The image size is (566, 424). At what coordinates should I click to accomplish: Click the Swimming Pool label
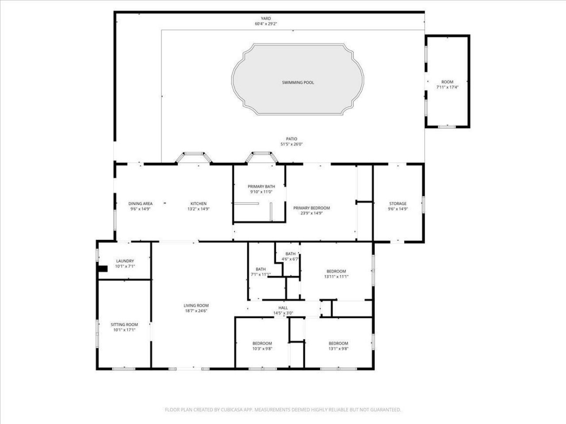pos(298,83)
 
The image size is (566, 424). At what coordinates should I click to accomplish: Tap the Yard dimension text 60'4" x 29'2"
pos(266,24)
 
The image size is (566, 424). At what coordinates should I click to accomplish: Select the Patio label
pos(291,139)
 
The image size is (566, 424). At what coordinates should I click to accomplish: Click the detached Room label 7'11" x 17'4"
pos(447,82)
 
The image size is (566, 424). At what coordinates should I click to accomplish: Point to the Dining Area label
pos(141,204)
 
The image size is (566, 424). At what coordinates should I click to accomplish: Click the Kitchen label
pos(198,204)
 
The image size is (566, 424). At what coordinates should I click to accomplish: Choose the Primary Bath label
pos(261,186)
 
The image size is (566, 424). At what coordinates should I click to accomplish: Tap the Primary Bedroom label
pos(311,208)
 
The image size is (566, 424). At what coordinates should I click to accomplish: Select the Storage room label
pos(398,204)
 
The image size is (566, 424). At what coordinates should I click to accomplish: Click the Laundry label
pos(125,261)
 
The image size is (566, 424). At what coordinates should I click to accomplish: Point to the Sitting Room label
pos(124,325)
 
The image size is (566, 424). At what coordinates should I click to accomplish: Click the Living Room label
pos(196,305)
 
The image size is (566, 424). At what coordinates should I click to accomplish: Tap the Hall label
pos(283,308)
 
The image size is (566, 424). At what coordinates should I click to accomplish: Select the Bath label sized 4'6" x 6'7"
pos(290,254)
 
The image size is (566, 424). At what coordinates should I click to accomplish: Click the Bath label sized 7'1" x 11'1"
pos(260,269)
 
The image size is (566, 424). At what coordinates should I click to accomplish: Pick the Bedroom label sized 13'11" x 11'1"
pos(336,271)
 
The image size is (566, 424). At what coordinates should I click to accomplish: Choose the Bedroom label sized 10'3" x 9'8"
pos(262,343)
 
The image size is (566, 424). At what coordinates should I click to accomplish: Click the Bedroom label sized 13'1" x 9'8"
pos(338,343)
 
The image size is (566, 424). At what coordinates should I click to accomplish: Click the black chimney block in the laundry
pos(103,269)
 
